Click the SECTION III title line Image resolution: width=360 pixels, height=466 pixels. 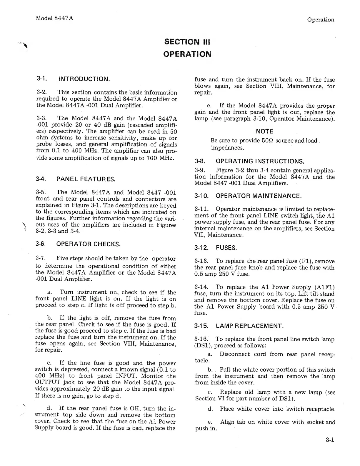click(x=187, y=42)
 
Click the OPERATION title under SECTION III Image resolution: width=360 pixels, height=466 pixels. click(x=187, y=54)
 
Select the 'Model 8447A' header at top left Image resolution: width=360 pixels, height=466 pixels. click(x=54, y=18)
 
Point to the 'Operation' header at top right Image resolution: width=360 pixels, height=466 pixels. click(x=320, y=20)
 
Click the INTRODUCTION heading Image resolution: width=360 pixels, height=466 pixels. click(x=84, y=79)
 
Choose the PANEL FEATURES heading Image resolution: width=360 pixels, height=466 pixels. click(x=86, y=179)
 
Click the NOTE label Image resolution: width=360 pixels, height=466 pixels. click(x=264, y=132)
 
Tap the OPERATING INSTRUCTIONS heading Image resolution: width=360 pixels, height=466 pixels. click(x=260, y=161)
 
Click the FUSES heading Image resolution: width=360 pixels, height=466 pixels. click(x=226, y=248)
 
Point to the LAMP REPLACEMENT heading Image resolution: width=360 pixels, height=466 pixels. click(x=250, y=326)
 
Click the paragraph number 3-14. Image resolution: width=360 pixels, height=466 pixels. click(x=201, y=287)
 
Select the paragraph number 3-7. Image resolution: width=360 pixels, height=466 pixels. click(x=41, y=258)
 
